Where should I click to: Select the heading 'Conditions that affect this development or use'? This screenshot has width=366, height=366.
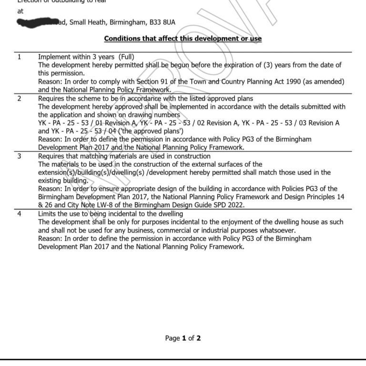pos(183,39)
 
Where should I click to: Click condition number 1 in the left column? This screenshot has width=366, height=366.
pos(19,57)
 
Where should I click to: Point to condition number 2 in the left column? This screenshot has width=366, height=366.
pos(19,99)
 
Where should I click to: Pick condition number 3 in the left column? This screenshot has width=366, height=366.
pos(19,156)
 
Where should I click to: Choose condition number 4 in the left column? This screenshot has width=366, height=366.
pos(19,214)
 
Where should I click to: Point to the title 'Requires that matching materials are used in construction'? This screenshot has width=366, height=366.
pos(124,156)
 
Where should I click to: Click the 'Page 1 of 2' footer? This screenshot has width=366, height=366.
pos(183,338)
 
